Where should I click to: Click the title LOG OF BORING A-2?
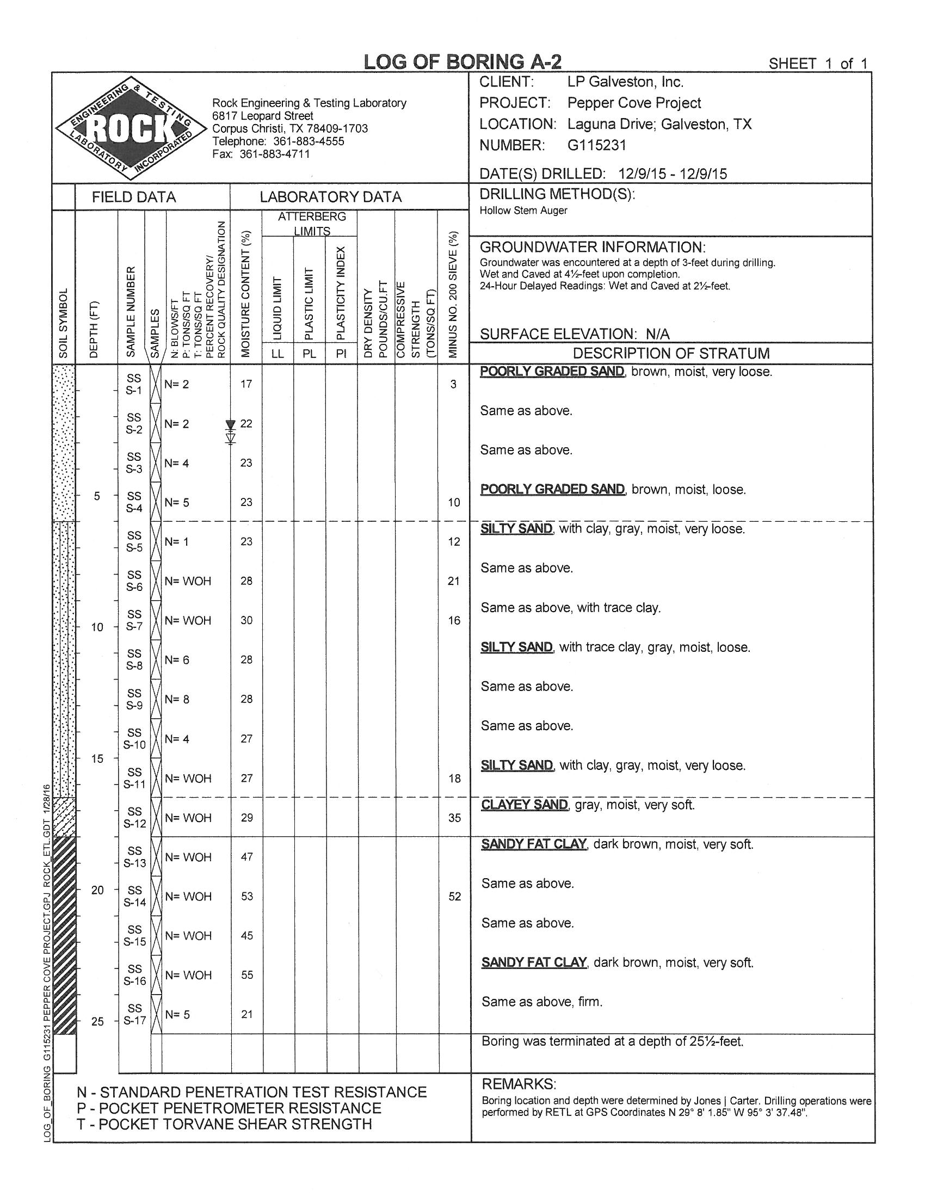[463, 62]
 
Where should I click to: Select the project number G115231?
[596, 145]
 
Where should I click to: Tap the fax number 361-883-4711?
[275, 154]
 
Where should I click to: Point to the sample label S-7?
[134, 626]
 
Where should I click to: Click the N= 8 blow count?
[177, 699]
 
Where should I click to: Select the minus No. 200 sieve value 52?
[454, 896]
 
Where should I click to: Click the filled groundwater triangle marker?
[231, 425]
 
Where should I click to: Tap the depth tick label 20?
[97, 890]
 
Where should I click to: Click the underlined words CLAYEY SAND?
[525, 805]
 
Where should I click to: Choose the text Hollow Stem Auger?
[523, 211]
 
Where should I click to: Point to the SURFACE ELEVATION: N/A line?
[574, 334]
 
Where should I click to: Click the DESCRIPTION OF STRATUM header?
[671, 354]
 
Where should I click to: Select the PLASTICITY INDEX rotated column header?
[341, 294]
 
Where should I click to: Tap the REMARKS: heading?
[519, 1084]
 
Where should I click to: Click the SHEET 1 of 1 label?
[818, 64]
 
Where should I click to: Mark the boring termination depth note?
[612, 1041]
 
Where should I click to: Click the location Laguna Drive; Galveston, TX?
[659, 125]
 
